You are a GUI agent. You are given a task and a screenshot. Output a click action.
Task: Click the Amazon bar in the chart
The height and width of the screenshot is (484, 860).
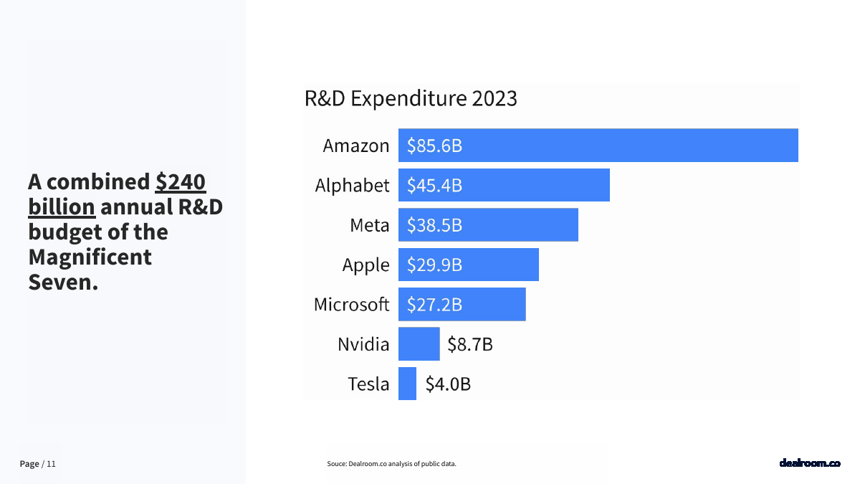[x=598, y=146]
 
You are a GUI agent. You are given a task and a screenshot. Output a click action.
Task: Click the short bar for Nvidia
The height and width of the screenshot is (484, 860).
[x=419, y=344]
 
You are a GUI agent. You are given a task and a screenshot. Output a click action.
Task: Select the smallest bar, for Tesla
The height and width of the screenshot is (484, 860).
[x=407, y=384]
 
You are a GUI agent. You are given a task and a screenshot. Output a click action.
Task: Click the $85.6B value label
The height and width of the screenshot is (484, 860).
[x=434, y=146]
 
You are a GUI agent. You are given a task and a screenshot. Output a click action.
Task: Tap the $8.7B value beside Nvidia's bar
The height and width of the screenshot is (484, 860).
[x=470, y=345]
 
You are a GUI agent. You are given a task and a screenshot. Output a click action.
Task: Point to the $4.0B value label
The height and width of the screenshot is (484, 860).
[x=448, y=384]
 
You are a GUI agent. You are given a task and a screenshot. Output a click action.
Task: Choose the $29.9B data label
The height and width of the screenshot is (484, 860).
[x=434, y=265]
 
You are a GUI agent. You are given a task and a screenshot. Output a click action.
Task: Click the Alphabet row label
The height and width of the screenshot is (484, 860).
[x=352, y=186]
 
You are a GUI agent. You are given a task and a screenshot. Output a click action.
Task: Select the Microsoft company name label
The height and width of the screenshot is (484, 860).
[x=351, y=305]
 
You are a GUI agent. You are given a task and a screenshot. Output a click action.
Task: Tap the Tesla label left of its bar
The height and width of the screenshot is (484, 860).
[x=368, y=384]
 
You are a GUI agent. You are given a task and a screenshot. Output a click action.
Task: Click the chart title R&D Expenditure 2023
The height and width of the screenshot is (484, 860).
[x=411, y=98]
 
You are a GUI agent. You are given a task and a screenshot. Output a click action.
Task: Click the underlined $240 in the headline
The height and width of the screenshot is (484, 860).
[x=181, y=182]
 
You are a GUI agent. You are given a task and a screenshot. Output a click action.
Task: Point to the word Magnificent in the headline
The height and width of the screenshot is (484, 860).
[x=90, y=257]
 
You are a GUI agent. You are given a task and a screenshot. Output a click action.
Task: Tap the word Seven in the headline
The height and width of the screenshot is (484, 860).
[x=62, y=282]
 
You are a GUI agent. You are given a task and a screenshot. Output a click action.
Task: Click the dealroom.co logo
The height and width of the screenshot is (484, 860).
[x=810, y=463]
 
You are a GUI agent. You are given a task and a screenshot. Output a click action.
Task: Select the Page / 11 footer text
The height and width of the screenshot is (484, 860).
[x=37, y=464]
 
